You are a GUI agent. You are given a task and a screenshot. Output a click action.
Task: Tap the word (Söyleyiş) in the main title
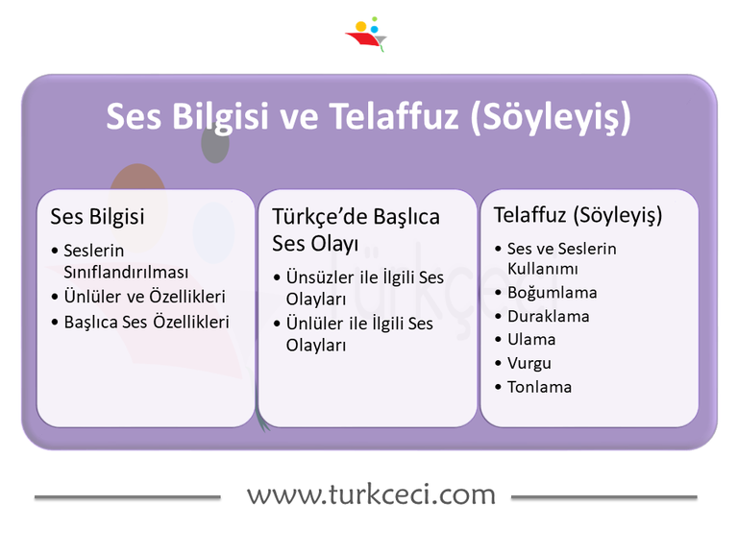552,117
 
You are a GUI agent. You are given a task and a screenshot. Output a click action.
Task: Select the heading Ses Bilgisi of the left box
97,216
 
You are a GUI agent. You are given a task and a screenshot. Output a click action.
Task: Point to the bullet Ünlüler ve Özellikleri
144,297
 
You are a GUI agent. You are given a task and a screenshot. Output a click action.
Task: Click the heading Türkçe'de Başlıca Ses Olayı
356,229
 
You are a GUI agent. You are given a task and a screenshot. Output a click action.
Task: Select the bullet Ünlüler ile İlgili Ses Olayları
359,334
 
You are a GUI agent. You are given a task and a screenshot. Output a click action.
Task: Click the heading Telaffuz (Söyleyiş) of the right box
578,215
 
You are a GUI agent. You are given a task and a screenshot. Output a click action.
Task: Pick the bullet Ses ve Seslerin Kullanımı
561,258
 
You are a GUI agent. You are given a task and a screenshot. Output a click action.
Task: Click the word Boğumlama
552,292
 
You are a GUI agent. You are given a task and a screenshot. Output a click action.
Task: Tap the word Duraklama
548,316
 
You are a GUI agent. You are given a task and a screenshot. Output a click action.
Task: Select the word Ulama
531,339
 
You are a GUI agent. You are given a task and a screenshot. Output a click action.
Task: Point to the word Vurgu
529,363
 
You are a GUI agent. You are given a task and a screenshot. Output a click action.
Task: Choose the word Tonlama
539,387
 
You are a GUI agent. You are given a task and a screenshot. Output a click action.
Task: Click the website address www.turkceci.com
371,494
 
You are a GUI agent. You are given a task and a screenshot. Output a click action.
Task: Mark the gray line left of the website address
127,497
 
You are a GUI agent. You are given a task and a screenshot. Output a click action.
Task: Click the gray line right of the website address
603,497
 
